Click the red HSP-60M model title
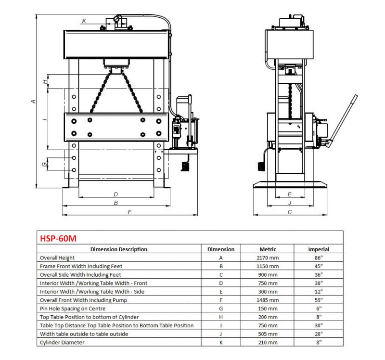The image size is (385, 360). (58, 238)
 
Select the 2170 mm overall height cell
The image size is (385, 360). (268, 258)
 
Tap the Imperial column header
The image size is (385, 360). (319, 249)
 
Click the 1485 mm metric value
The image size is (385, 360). (268, 300)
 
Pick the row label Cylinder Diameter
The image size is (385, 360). (62, 342)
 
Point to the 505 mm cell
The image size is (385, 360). (268, 334)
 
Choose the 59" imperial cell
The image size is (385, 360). (319, 300)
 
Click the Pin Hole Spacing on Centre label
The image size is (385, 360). (73, 309)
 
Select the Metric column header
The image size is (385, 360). (268, 249)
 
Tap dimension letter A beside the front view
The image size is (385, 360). (33, 101)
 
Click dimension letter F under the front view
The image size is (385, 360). (129, 212)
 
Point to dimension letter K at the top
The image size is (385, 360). (84, 21)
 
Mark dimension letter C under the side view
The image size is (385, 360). (290, 212)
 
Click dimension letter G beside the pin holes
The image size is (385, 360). (44, 164)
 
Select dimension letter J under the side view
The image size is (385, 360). (290, 203)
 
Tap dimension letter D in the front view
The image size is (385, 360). (116, 194)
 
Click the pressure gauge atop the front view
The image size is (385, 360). (116, 19)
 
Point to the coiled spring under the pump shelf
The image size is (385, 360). (185, 167)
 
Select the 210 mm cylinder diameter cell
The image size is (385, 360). (268, 342)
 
